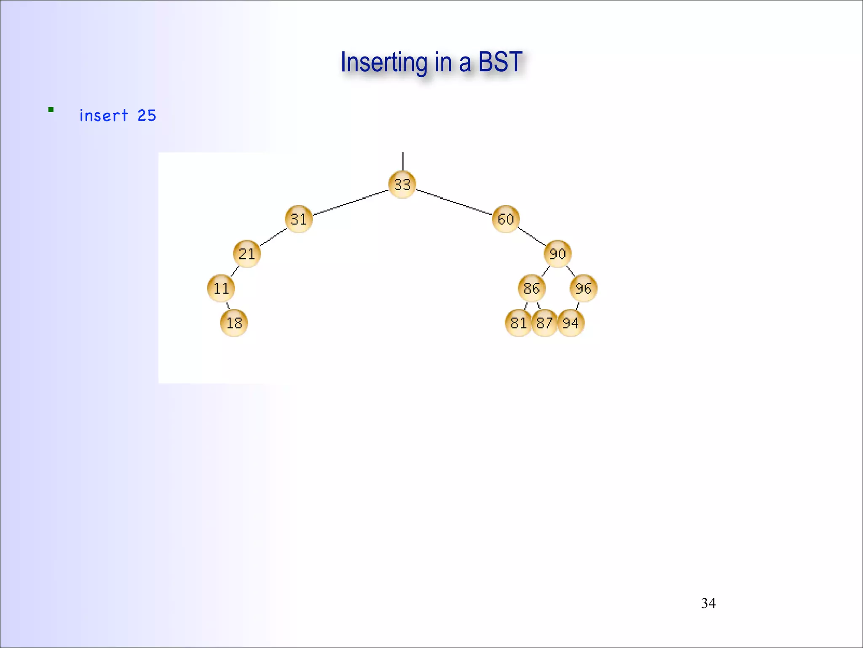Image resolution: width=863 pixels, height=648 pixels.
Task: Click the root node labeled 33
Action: [x=402, y=184]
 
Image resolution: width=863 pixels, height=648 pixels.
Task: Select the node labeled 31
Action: [x=299, y=219]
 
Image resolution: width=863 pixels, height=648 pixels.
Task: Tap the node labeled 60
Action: [x=506, y=219]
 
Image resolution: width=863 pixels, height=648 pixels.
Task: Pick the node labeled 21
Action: [x=247, y=254]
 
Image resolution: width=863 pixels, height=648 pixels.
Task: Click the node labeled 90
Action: [x=557, y=254]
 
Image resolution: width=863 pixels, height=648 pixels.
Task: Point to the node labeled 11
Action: [x=221, y=288]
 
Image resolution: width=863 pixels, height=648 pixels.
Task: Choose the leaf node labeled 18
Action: [x=234, y=323]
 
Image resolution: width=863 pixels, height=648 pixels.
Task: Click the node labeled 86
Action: [x=532, y=288]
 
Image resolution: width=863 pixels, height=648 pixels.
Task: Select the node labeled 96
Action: [x=584, y=288]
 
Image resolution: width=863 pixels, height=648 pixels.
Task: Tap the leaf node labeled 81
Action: [x=518, y=323]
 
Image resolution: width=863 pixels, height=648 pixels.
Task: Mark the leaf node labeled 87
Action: [x=544, y=323]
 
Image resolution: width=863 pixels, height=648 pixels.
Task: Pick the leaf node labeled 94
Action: [x=571, y=323]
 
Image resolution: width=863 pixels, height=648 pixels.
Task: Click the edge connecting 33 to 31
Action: [x=351, y=202]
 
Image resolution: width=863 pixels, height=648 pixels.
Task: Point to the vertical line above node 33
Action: [x=403, y=161]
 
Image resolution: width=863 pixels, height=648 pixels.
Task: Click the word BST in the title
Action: [x=500, y=62]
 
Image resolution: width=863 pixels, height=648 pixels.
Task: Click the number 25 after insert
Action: [x=147, y=116]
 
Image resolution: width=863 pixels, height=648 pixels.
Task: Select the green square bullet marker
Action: [x=51, y=110]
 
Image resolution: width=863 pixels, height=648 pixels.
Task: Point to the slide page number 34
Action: [x=708, y=603]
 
